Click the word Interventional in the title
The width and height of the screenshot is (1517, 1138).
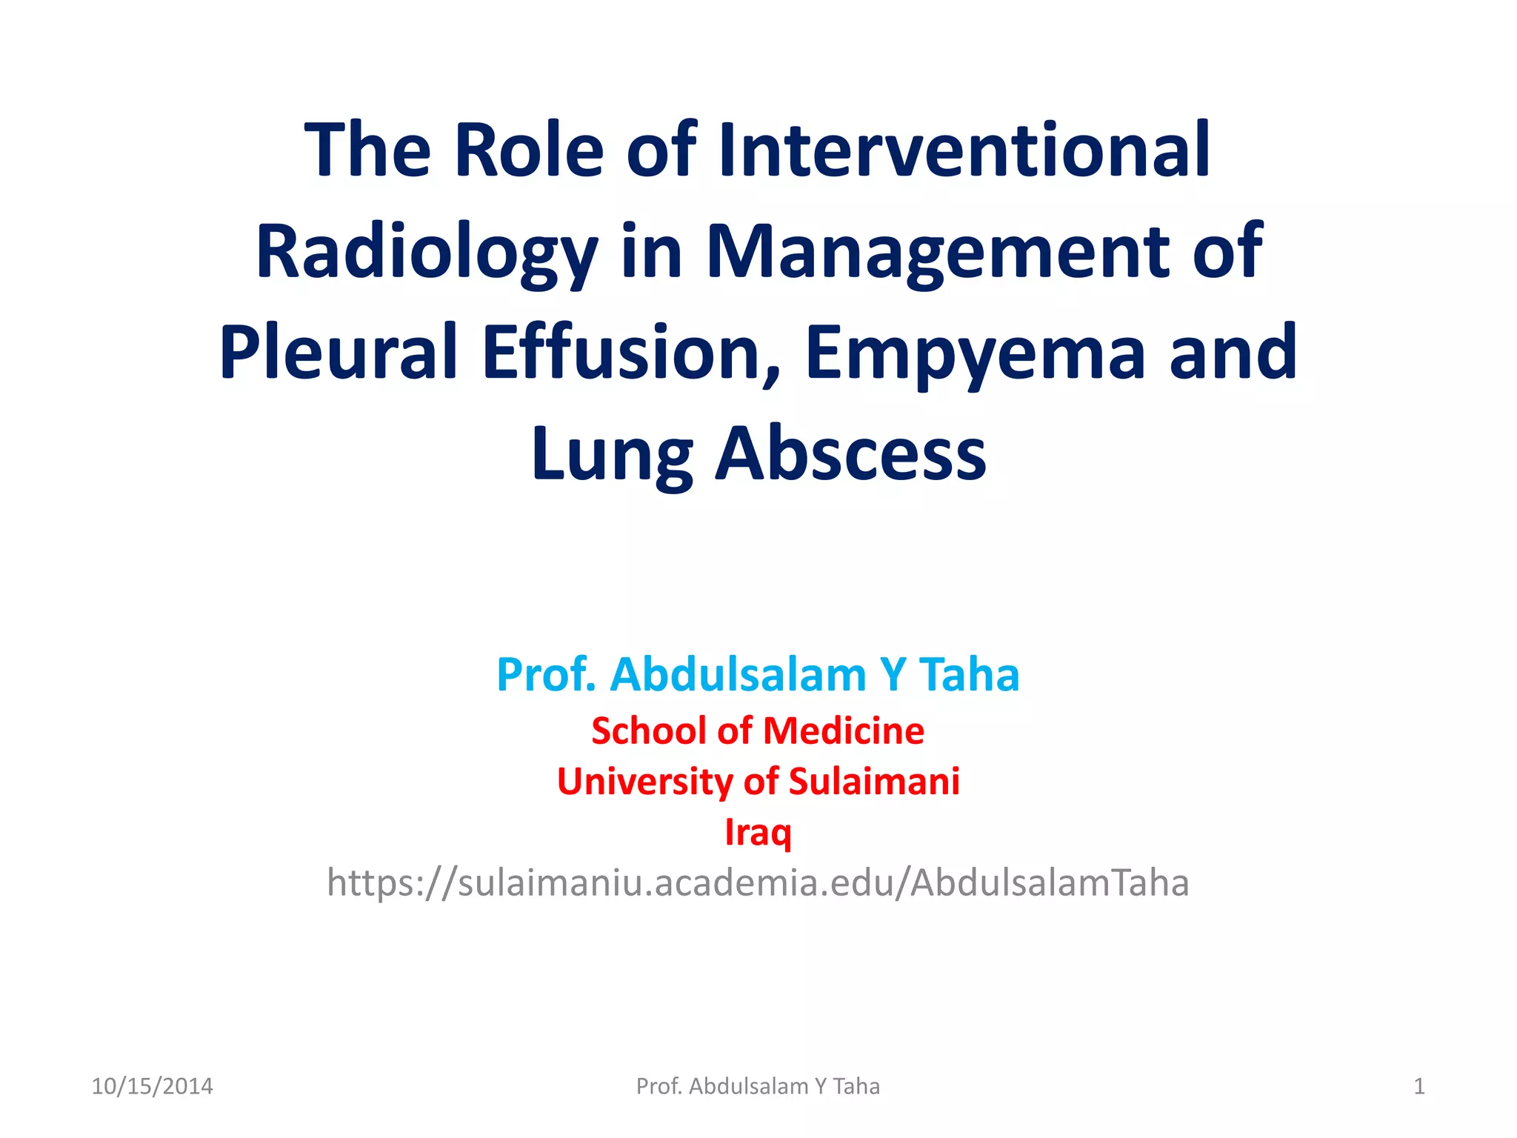click(x=964, y=150)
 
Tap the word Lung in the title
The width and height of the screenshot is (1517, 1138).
click(x=612, y=453)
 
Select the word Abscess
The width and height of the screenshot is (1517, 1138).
click(x=850, y=453)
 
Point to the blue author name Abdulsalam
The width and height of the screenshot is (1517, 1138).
click(x=738, y=675)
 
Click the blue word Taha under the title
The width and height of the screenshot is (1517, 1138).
click(x=969, y=675)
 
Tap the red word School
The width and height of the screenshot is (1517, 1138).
click(x=649, y=731)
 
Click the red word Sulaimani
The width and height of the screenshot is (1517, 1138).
click(x=874, y=782)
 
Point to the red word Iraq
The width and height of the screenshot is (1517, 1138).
click(x=758, y=832)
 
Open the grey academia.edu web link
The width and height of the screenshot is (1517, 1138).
click(x=758, y=883)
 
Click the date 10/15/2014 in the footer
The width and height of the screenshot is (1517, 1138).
click(x=152, y=1086)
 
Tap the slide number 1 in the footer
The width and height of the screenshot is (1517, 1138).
click(x=1419, y=1086)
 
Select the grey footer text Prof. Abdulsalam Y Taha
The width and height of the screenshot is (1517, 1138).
click(x=758, y=1086)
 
